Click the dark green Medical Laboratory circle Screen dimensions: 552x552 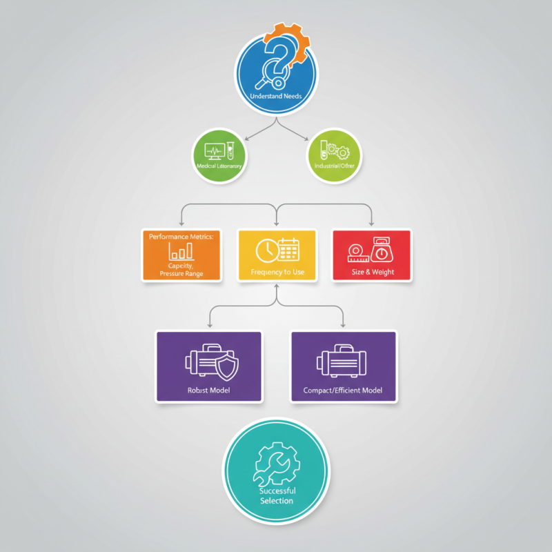click(x=221, y=156)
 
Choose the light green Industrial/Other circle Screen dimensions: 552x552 click(x=334, y=156)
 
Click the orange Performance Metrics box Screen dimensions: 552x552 click(x=181, y=255)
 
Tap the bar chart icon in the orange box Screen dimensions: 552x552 click(x=181, y=250)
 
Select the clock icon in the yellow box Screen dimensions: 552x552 click(x=266, y=250)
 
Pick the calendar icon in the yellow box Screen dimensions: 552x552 click(x=287, y=249)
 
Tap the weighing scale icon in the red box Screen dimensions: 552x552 click(x=381, y=248)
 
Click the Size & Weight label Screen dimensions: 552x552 click(x=372, y=273)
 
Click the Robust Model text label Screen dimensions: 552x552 click(x=208, y=391)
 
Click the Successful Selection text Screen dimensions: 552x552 click(x=277, y=495)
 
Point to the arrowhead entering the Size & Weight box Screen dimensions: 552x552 click(x=372, y=225)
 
